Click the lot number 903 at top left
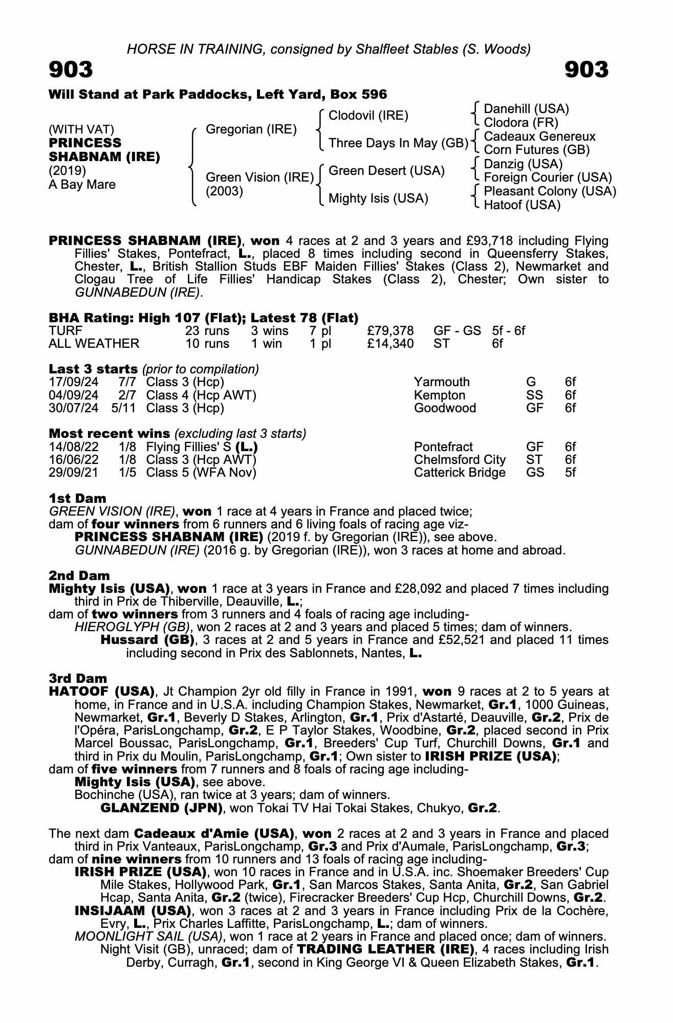pos(71,70)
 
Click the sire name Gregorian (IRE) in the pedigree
pos(251,129)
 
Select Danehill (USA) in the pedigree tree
pos(526,109)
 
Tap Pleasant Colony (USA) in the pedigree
pos(550,191)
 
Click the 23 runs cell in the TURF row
pos(207,331)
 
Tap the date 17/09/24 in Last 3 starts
pos(74,382)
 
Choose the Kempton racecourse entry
pos(440,395)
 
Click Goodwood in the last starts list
pos(445,408)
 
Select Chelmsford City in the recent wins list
pos(460,460)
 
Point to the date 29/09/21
pos(74,473)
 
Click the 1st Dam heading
pos(77,498)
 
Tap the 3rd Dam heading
pos(78,678)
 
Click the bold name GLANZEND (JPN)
pos(161,808)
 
